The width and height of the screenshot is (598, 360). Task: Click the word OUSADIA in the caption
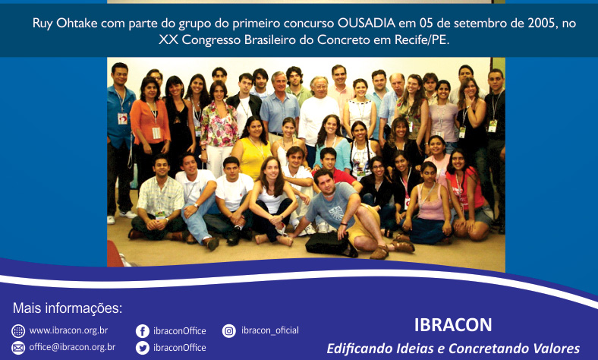point(366,24)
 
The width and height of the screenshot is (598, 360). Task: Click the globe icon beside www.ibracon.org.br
point(18,331)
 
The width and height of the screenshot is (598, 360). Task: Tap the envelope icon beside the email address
point(18,348)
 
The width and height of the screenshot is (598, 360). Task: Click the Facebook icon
point(143,331)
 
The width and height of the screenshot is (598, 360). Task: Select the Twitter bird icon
point(143,348)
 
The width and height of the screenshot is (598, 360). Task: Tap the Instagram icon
point(229,331)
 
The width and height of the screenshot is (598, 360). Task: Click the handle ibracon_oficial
point(270,330)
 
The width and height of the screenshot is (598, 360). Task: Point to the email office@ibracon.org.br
point(72,347)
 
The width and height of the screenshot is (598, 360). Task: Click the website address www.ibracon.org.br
point(68,330)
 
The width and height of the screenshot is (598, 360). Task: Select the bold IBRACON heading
point(453,325)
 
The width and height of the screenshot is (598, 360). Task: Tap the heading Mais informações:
point(68,308)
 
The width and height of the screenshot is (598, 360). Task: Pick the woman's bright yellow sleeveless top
point(253,157)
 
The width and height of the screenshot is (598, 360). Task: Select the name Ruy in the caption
point(42,24)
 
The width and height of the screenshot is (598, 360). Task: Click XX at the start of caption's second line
point(168,39)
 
